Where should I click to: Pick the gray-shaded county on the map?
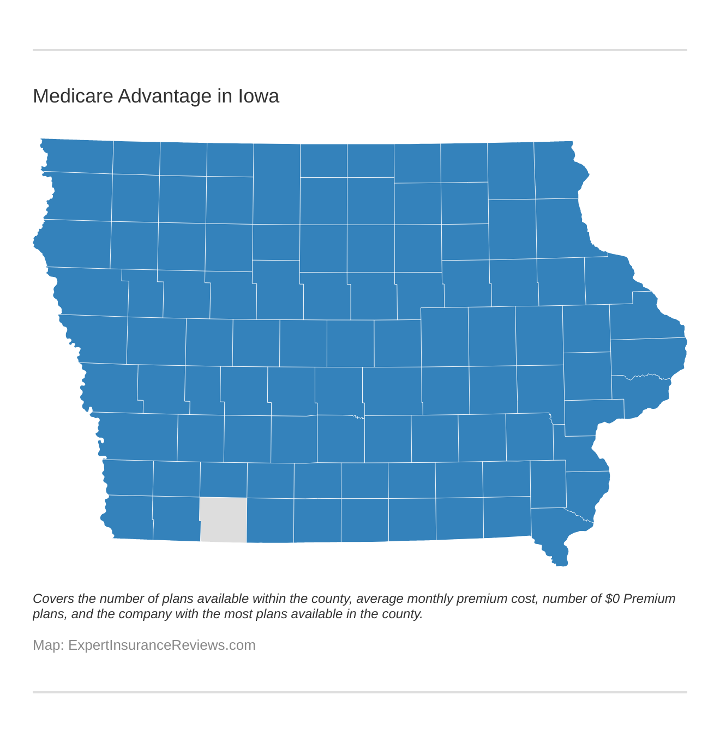pos(223,519)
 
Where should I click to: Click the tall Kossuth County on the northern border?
pos(277,184)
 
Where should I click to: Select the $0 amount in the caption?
pos(613,599)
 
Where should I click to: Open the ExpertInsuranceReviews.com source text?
pos(161,645)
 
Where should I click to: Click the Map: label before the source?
pos(48,645)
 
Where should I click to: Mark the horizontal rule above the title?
pos(360,50)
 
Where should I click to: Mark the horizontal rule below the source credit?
pos(360,692)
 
